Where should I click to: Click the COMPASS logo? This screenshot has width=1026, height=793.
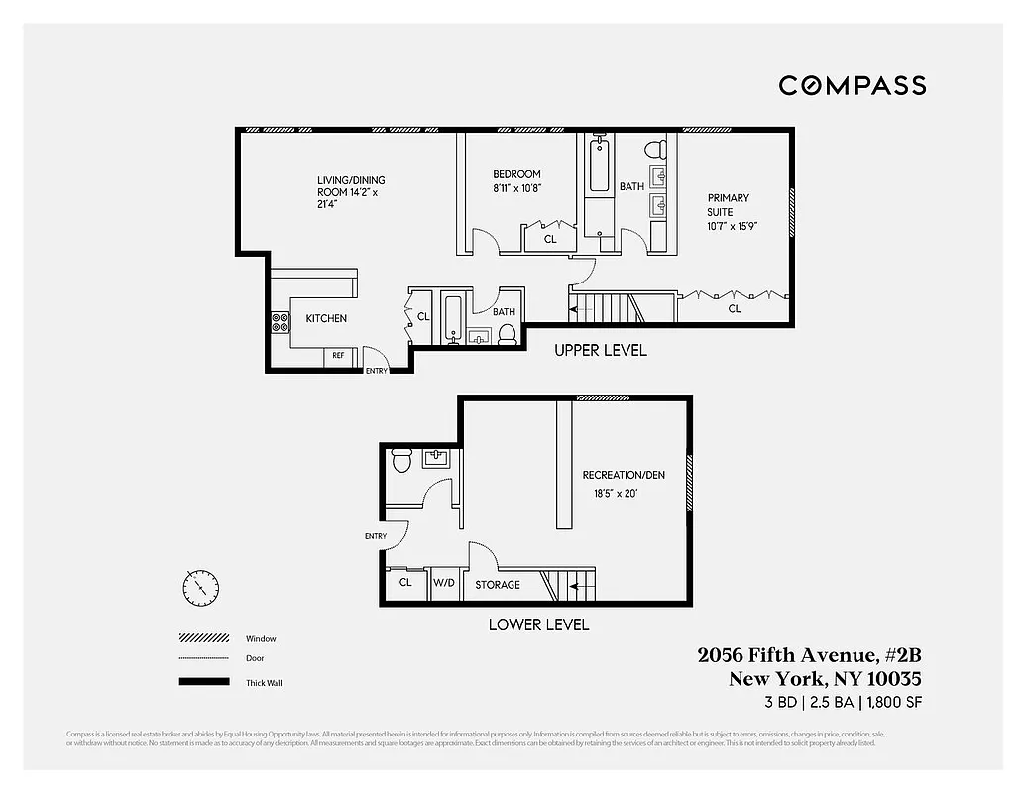click(852, 85)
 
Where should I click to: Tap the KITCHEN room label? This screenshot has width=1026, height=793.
click(325, 318)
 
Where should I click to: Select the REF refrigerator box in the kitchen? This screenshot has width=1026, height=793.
click(338, 355)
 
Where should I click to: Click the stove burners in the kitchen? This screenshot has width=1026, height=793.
click(281, 322)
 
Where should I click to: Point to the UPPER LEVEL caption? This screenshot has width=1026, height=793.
click(600, 350)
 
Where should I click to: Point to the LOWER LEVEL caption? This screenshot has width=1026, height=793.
click(538, 624)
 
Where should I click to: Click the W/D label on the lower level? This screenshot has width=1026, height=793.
click(442, 584)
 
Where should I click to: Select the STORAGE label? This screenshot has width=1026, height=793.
click(497, 585)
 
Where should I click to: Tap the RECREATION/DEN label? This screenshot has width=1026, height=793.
click(624, 475)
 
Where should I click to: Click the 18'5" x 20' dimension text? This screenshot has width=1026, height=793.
click(615, 493)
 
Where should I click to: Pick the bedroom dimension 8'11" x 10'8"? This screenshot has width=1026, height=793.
click(517, 188)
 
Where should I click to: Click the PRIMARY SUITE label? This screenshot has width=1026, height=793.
click(728, 204)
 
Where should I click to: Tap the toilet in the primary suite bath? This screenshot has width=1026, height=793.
click(654, 151)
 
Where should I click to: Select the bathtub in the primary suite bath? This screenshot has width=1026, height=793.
click(599, 166)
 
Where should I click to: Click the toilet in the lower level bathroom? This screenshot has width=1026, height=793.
click(401, 461)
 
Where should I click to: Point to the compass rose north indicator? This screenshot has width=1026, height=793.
click(200, 588)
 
